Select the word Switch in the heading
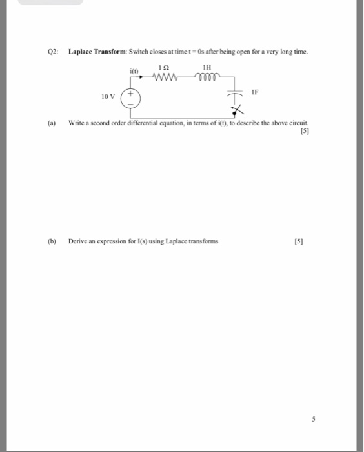[139, 52]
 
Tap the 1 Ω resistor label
[164, 67]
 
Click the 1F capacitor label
[255, 92]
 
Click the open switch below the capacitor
[238, 110]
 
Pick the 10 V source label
[108, 97]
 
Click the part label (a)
[52, 122]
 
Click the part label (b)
[52, 241]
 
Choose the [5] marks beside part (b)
[298, 241]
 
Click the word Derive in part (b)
[78, 241]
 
